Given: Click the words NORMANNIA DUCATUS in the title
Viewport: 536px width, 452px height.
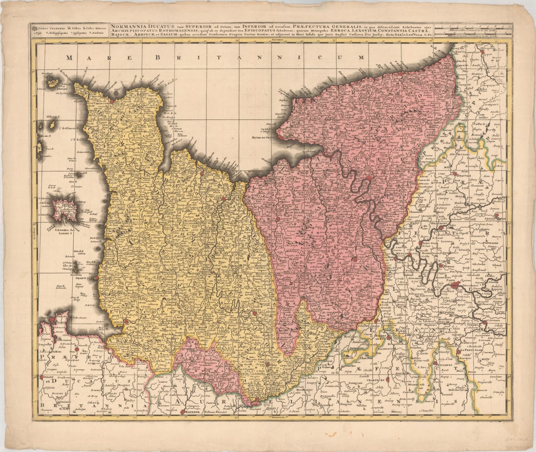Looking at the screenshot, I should (x=138, y=27).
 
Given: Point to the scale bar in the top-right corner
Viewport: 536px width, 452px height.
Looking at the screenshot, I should (x=473, y=31).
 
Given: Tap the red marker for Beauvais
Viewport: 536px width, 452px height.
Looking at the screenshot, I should (x=454, y=173).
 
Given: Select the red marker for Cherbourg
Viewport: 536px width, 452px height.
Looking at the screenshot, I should (x=112, y=101).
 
